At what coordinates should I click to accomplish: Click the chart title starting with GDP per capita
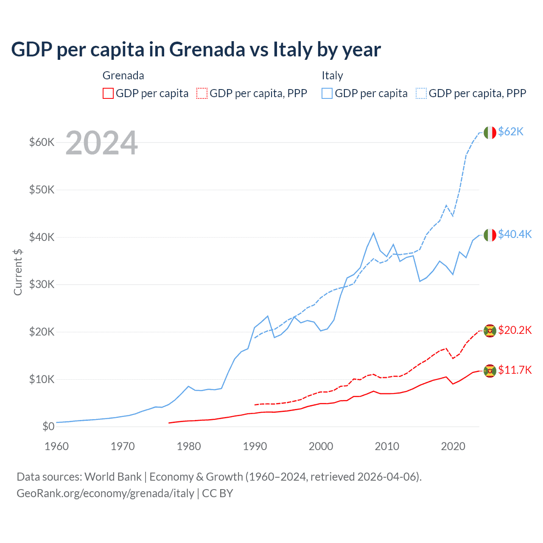(x=196, y=50)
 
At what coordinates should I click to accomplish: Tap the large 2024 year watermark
(x=101, y=143)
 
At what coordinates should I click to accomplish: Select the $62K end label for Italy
(x=511, y=132)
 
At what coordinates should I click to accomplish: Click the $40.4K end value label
(x=515, y=234)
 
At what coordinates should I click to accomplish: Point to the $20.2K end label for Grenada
(x=515, y=330)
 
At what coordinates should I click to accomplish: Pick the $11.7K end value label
(x=515, y=370)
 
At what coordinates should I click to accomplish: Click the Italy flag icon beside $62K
(x=490, y=133)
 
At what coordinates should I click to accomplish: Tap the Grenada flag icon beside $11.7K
(x=490, y=371)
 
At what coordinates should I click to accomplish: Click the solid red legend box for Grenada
(x=108, y=93)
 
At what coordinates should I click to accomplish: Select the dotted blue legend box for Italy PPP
(x=421, y=93)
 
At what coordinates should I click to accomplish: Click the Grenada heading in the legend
(x=123, y=76)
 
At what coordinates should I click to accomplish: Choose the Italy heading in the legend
(x=332, y=76)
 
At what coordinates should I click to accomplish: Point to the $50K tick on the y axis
(x=42, y=190)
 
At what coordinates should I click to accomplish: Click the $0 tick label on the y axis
(x=48, y=426)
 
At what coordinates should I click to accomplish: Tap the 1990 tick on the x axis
(x=255, y=446)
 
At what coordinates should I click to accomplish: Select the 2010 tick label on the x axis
(x=387, y=446)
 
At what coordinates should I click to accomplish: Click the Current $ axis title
(x=18, y=272)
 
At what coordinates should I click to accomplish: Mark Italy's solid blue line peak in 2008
(x=373, y=233)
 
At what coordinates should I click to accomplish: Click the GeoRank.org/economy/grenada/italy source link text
(x=105, y=493)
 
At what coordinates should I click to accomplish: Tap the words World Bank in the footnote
(x=113, y=477)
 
